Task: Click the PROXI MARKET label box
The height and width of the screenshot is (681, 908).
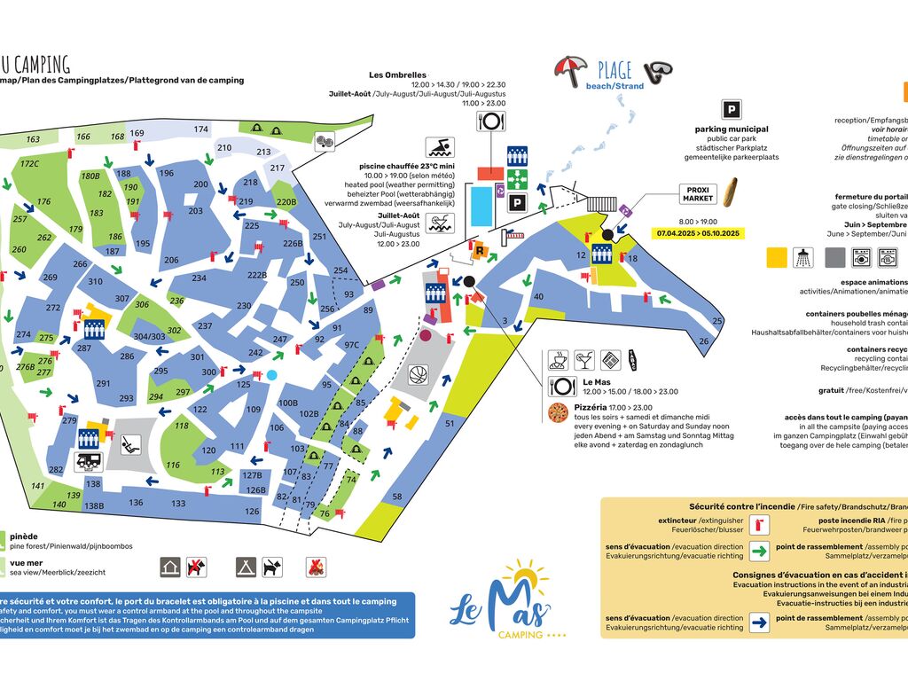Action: point(699,193)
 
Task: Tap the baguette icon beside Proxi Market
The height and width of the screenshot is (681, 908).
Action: point(730,192)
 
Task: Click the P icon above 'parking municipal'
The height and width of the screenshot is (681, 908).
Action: point(732,110)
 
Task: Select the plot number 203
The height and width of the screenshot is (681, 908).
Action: point(195,211)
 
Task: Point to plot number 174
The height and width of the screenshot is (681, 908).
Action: point(201,129)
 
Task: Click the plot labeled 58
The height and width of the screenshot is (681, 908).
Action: point(397,497)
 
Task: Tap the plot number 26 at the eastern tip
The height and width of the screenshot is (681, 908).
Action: point(704,340)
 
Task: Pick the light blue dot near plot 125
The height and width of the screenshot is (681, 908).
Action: point(271,375)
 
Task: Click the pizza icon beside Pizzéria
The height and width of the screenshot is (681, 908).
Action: point(559,411)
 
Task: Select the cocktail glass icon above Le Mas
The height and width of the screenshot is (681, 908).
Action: point(585,360)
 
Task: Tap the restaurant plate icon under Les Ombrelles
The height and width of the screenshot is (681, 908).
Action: point(490,121)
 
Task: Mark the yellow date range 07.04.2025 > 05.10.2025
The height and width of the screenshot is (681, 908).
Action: point(700,233)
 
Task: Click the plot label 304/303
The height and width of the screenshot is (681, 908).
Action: point(149,337)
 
